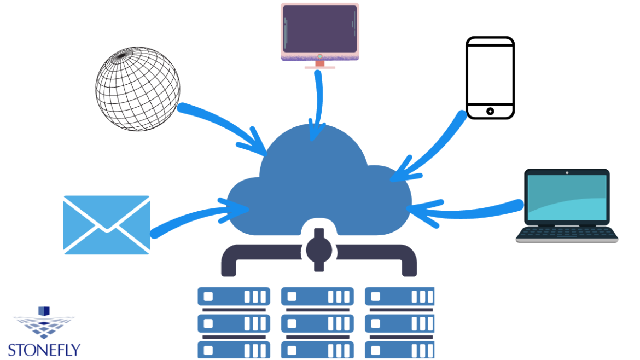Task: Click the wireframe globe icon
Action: pos(138,89)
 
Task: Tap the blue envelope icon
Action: pos(107,225)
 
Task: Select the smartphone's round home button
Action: pos(490,111)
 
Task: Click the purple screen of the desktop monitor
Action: pos(320,27)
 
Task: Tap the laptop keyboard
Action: pos(567,234)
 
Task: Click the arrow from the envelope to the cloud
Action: pos(191,216)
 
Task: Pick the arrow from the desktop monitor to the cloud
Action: pos(318,104)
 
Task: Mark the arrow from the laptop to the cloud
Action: pos(470,211)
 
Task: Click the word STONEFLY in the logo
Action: pos(44,350)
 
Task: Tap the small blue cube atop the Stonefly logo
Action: pos(44,311)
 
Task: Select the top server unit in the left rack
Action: pos(234,297)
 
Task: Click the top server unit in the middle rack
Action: pos(318,297)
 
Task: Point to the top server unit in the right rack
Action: pos(400,297)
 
